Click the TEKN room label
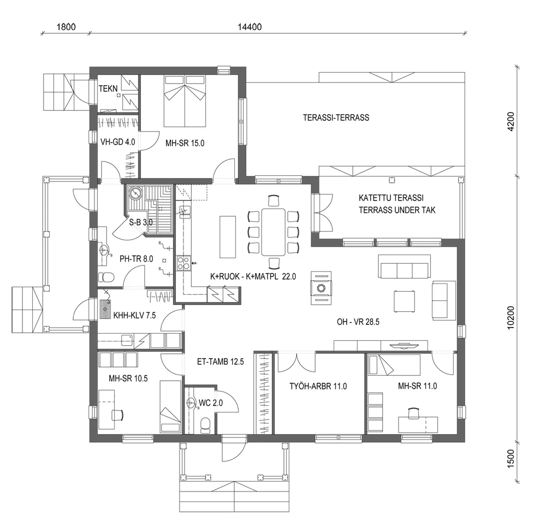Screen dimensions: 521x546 coord(108,88)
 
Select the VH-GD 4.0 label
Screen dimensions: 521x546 coord(117,142)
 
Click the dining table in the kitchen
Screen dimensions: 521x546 coord(273,231)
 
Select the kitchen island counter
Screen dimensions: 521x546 coord(228,237)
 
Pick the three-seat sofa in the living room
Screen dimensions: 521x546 coord(405,269)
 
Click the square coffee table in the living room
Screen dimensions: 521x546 coord(405,301)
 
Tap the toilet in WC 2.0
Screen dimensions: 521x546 coord(205,424)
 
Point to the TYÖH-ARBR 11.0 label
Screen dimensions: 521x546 coord(318,387)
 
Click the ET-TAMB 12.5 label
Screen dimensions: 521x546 coord(221,361)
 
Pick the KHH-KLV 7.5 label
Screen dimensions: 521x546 coord(127,315)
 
